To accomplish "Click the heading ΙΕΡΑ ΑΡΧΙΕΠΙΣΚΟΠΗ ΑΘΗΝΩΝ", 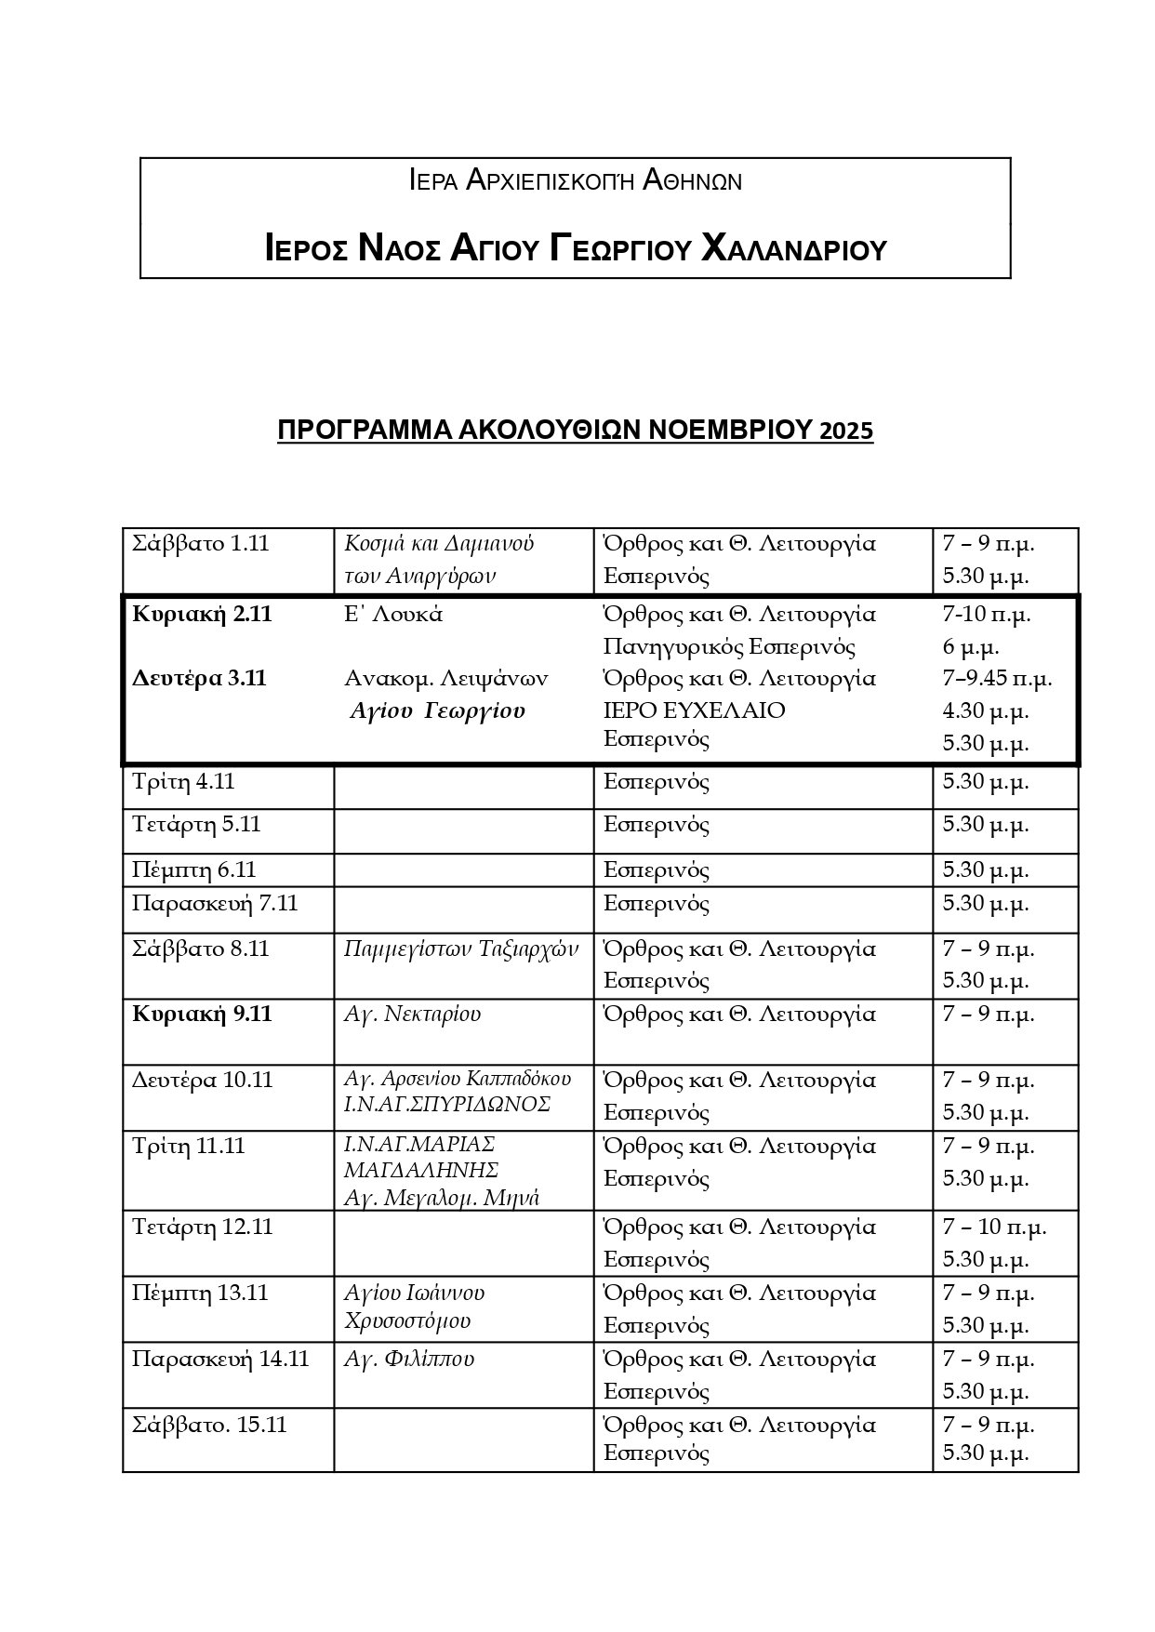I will point(576,179).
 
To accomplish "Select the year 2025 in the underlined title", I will point(846,431).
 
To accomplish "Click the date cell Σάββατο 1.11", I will point(201,543).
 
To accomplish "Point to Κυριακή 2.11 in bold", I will point(202,614).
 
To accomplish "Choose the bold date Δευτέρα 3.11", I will point(199,678).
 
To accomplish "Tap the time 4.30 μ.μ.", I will point(985,710).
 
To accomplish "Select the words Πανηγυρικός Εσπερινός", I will point(729,646).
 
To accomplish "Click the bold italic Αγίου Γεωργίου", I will point(438,711).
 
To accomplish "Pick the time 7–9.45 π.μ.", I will point(996,678).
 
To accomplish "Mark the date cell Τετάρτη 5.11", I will point(196,825).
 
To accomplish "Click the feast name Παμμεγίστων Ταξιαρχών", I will point(461,949).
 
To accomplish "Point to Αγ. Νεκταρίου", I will point(412,1014).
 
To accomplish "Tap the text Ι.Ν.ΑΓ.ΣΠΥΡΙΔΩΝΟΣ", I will point(447,1104).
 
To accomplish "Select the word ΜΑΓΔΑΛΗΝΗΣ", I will point(421,1170).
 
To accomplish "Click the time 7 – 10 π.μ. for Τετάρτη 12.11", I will point(994,1227).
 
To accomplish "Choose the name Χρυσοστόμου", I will point(407,1320).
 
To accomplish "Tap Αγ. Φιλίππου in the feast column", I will point(409,1359).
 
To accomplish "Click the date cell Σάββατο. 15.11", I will point(209,1425).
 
